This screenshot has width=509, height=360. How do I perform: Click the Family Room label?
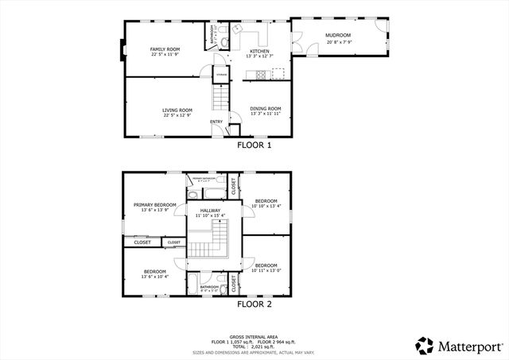tap(165, 49)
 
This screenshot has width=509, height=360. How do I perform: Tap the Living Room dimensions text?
tap(178, 116)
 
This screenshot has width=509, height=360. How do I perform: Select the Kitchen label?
tap(259, 51)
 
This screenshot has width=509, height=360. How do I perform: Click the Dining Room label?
tap(266, 109)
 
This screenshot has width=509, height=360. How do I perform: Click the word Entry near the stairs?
tap(216, 122)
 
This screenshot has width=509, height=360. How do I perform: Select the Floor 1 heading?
tap(254, 145)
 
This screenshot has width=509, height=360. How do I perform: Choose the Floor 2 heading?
tap(254, 304)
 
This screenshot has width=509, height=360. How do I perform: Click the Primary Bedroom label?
tap(154, 205)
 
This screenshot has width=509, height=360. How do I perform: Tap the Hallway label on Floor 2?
tap(210, 211)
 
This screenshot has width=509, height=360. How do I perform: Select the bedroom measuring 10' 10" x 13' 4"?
tap(266, 203)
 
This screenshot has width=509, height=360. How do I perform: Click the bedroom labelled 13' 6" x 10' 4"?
tap(154, 273)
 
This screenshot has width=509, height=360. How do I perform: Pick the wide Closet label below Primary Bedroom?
tap(142, 242)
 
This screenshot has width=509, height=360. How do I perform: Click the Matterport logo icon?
tap(425, 346)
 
